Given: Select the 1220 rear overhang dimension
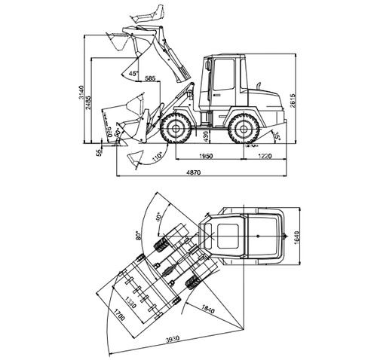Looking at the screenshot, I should tap(264, 156).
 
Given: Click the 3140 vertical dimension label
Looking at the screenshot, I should tap(81, 94).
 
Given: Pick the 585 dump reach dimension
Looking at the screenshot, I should tap(150, 78).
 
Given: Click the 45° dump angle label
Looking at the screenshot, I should tap(133, 74).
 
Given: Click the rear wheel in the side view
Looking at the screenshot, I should tap(245, 129).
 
